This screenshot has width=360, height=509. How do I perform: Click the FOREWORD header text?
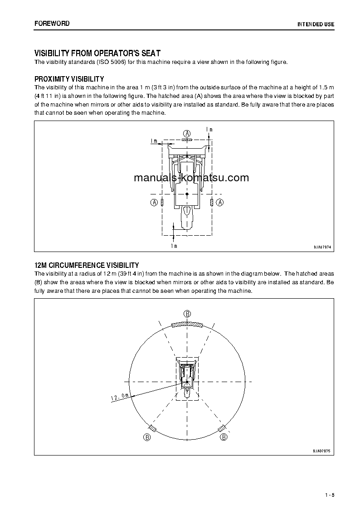coord(52,24)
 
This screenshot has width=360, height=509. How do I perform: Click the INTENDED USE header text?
coord(316,24)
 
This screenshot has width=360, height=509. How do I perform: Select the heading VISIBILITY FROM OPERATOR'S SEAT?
coord(97,53)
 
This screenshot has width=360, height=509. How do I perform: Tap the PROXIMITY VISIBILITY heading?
coord(69,79)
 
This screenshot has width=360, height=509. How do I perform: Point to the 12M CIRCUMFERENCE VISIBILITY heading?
coord(87,265)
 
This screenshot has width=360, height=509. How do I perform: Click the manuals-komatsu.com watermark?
coord(191,178)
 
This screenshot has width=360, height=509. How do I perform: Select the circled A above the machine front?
coord(187,133)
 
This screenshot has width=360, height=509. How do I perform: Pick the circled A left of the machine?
coord(154,203)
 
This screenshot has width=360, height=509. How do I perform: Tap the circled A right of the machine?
coord(220,203)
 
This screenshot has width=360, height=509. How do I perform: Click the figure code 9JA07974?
coord(322,247)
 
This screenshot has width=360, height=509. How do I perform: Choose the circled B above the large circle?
coord(187,314)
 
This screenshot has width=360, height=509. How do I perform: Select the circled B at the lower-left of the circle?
coord(146,437)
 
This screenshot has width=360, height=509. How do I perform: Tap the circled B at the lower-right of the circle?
coord(224,437)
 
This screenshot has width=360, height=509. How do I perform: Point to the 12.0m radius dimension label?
coord(120,398)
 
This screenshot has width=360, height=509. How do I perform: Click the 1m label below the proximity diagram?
coord(174,246)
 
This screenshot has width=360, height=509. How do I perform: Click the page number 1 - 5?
coord(329,494)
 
